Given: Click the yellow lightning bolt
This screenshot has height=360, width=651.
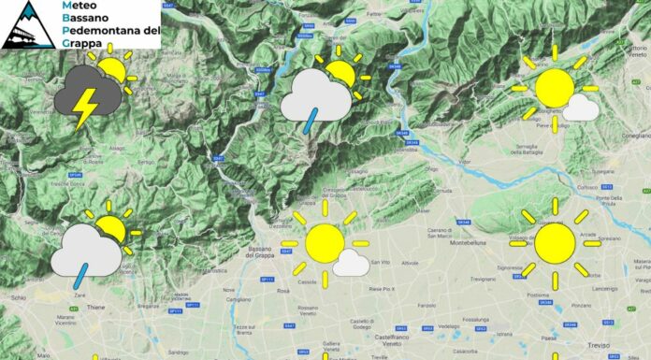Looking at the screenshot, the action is pyautogui.click(x=85, y=108).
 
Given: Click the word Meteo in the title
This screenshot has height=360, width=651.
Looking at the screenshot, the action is pyautogui.click(x=80, y=6).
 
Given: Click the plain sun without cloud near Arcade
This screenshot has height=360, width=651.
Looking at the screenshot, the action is pyautogui.click(x=555, y=243).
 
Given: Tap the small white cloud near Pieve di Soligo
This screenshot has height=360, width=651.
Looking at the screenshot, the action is pyautogui.click(x=581, y=108).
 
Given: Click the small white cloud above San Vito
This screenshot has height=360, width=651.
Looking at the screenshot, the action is pyautogui.click(x=351, y=263).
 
